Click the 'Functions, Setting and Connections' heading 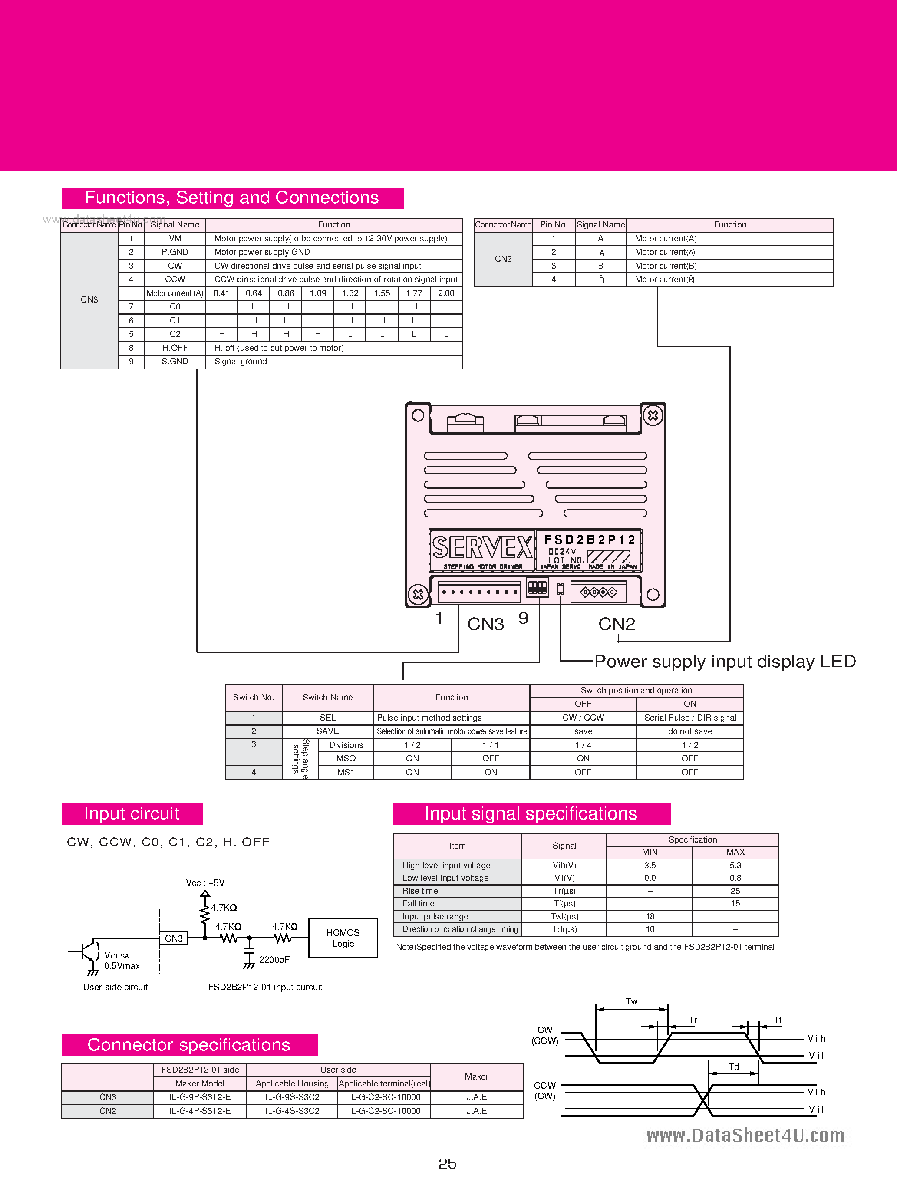click(232, 198)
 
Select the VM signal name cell click(175, 238)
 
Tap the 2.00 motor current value click(446, 293)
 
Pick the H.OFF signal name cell click(175, 348)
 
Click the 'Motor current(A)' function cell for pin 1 click(665, 238)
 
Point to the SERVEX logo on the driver click(482, 548)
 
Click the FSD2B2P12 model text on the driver click(589, 539)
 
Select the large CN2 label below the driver click(617, 624)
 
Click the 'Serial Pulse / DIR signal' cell click(689, 718)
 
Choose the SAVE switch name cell click(327, 731)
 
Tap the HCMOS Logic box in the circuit click(343, 938)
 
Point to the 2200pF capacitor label click(274, 959)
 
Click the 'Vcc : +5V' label click(205, 883)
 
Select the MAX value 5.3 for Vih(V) click(735, 865)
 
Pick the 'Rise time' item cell click(420, 891)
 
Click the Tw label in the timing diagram click(631, 1001)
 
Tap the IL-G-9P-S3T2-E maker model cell click(200, 1096)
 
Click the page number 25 click(448, 1163)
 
